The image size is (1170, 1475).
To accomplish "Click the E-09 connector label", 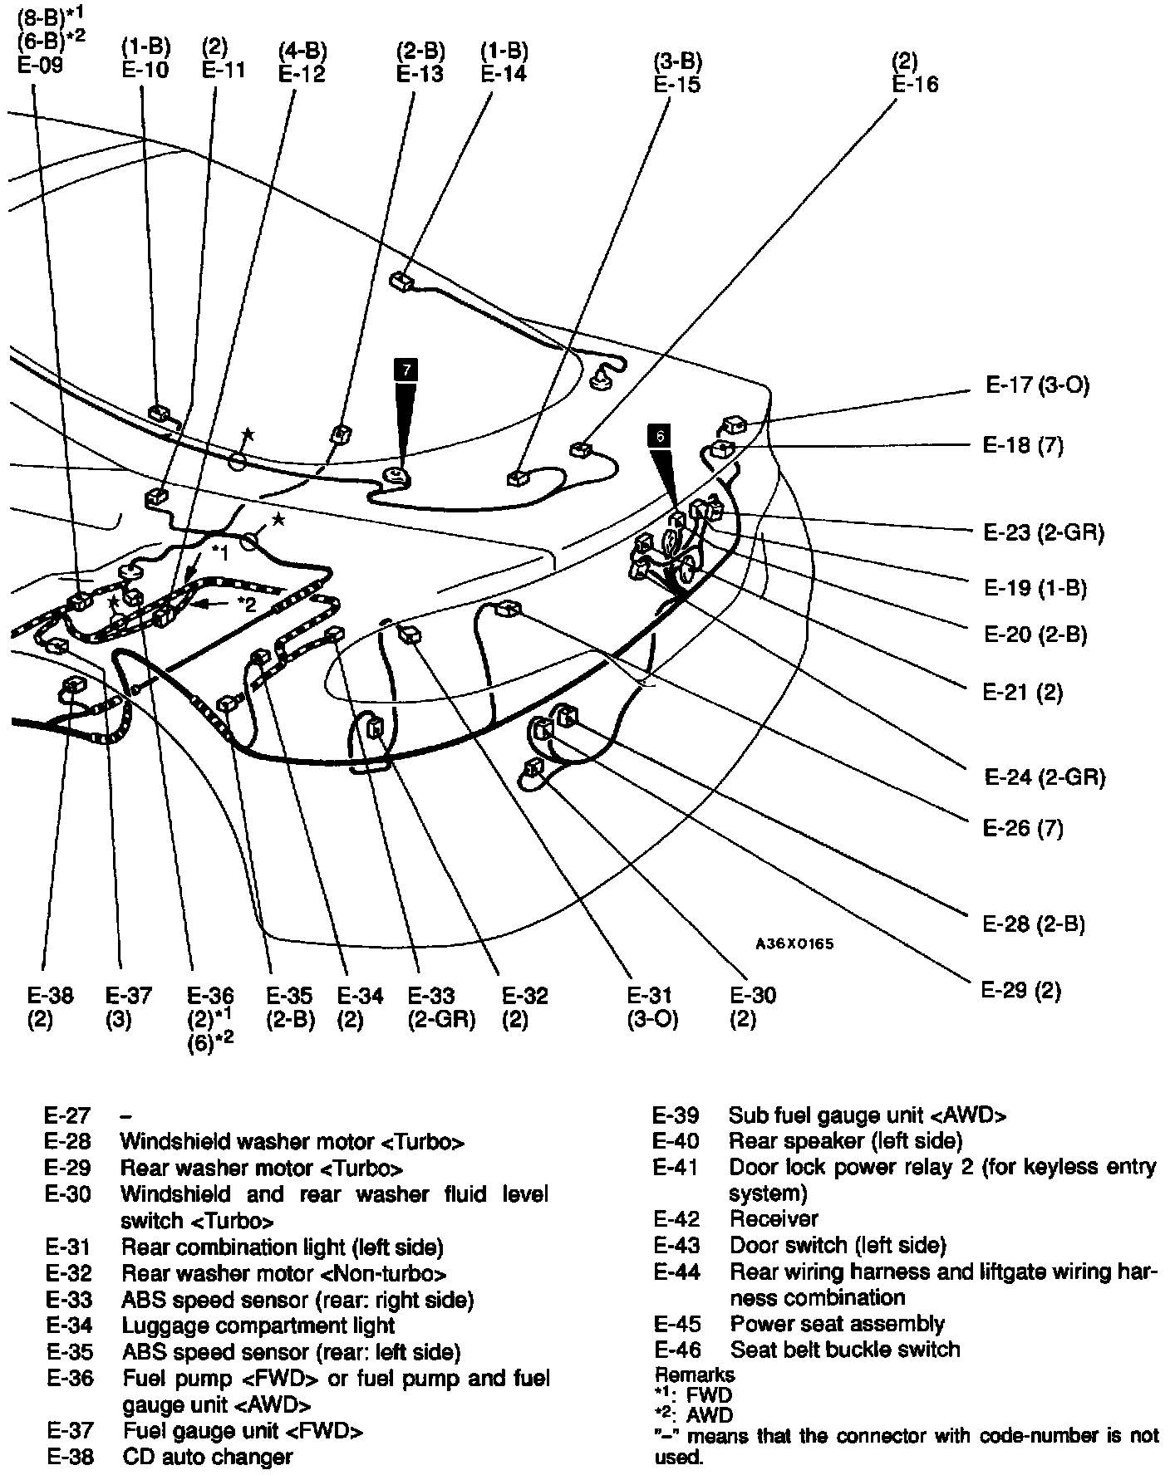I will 40,65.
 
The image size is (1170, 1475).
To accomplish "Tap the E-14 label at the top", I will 504,73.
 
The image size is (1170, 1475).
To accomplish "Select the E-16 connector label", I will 915,84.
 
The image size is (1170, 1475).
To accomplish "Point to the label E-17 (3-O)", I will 1037,385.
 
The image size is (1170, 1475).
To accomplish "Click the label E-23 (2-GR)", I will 1044,532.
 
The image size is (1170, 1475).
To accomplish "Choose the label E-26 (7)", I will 1023,828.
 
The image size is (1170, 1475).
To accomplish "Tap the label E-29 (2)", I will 1021,990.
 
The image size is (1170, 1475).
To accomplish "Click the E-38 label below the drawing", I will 51,995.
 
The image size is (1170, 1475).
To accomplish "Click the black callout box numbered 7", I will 406,370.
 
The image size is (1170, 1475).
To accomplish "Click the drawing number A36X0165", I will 794,944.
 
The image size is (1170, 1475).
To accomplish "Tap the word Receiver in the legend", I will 774,1219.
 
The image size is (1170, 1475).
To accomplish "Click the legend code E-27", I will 67,1115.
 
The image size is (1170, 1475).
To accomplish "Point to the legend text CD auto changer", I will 207,1458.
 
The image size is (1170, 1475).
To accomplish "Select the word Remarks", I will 695,1375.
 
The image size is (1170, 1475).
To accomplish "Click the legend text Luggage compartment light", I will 258,1326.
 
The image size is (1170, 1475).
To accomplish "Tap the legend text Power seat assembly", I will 837,1324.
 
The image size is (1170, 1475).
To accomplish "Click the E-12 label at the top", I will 302,73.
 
